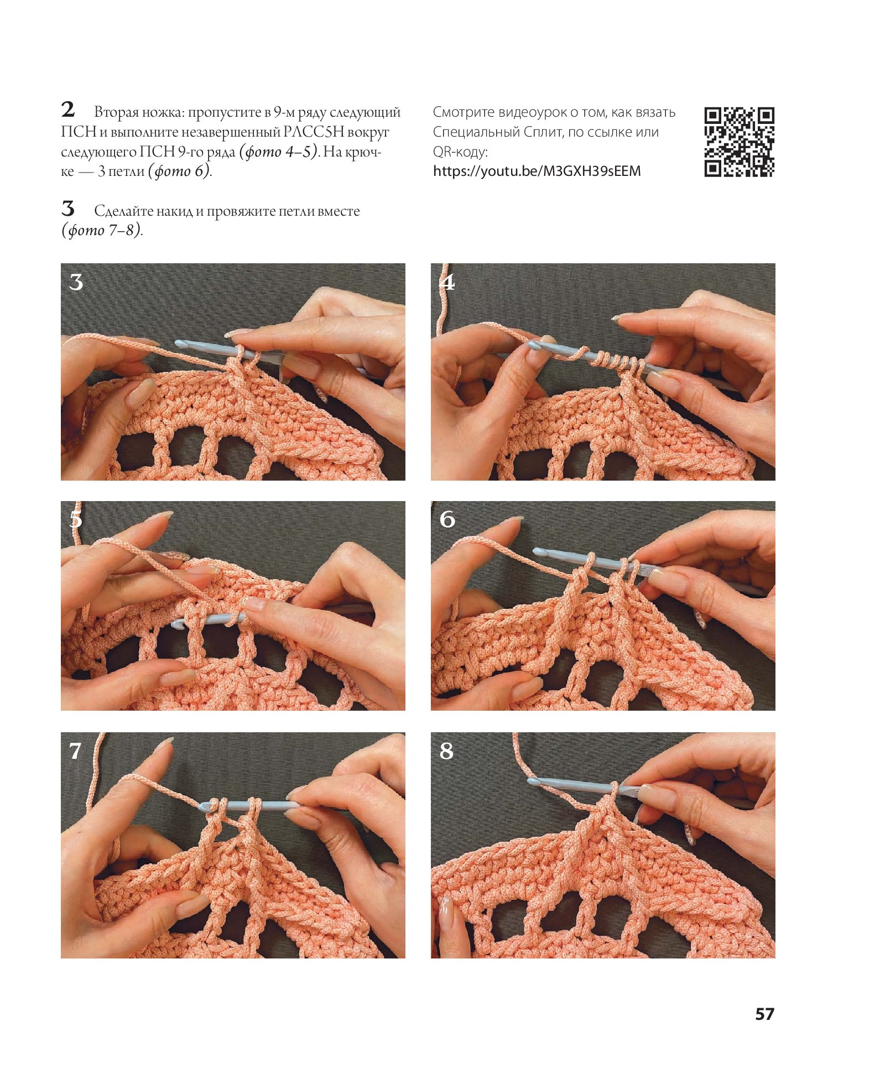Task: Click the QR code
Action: tap(739, 142)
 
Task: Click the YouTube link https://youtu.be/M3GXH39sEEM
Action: tap(537, 171)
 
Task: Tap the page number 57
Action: tap(764, 1014)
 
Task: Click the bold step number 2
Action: tap(68, 110)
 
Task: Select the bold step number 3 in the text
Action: tap(67, 209)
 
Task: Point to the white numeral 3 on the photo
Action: tap(76, 283)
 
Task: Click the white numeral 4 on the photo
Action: tap(447, 282)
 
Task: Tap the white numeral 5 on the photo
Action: tap(76, 519)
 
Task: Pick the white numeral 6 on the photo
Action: tap(447, 519)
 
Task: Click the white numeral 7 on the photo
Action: tap(75, 751)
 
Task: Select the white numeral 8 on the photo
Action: tap(446, 751)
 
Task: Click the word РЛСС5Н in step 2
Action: tap(314, 132)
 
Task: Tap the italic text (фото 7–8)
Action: tap(102, 230)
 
